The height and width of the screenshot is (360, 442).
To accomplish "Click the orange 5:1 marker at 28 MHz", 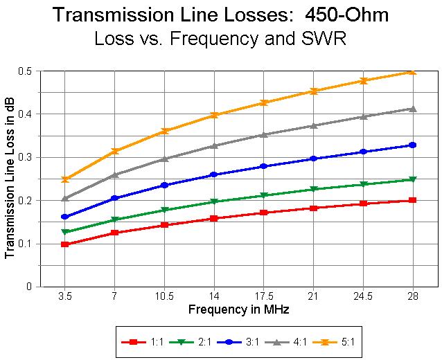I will click(413, 71).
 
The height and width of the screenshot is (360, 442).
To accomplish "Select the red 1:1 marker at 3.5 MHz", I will click(64, 244).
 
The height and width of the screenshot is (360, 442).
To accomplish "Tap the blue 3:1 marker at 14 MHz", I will click(214, 174).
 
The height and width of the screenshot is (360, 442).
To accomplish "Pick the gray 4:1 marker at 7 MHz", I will click(114, 175).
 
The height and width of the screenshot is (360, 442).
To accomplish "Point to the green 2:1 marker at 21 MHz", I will click(314, 189).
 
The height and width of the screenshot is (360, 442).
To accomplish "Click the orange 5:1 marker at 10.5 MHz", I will click(164, 131).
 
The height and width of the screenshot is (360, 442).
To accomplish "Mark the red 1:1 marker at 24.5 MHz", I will click(363, 204).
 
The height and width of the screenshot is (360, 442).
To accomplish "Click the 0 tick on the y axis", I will click(30, 287).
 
